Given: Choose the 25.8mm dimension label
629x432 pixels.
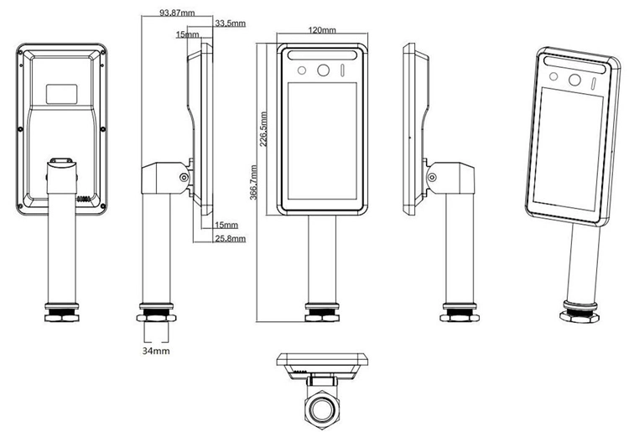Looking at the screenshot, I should [231, 239].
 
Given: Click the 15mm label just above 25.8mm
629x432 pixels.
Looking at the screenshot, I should [226, 226].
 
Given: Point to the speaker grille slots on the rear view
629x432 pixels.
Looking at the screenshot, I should [84, 200].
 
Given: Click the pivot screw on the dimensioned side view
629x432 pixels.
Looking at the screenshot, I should [183, 177].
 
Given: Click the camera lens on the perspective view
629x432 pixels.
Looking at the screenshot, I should [575, 81].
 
